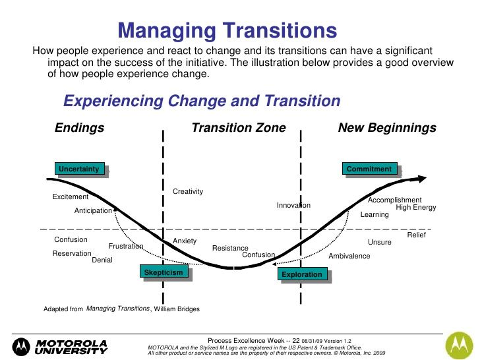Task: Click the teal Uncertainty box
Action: [x=80, y=169]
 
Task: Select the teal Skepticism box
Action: [x=164, y=272]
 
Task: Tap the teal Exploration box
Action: [x=303, y=274]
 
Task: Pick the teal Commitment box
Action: [x=369, y=169]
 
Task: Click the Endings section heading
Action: [x=80, y=128]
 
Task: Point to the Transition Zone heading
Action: [x=239, y=128]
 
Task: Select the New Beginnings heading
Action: [x=387, y=128]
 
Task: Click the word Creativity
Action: [x=188, y=191]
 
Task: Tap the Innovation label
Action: [x=293, y=205]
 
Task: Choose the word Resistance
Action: [x=230, y=248]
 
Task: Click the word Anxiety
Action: [x=185, y=241]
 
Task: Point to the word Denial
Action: [x=102, y=260]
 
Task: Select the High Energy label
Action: [x=415, y=208]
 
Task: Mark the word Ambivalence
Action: [x=349, y=256]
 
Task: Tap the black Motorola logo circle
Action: [x=21, y=347]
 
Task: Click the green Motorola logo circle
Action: [x=460, y=345]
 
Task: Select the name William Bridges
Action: [x=177, y=309]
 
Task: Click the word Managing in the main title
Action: [x=167, y=30]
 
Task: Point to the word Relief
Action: [x=416, y=235]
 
